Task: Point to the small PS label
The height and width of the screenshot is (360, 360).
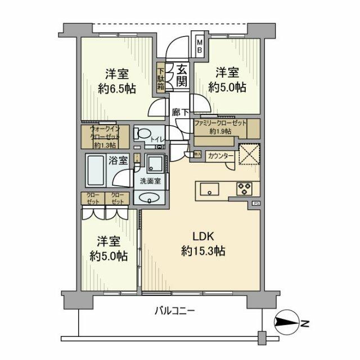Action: [x=256, y=203]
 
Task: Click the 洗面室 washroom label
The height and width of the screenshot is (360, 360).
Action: [x=150, y=181]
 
